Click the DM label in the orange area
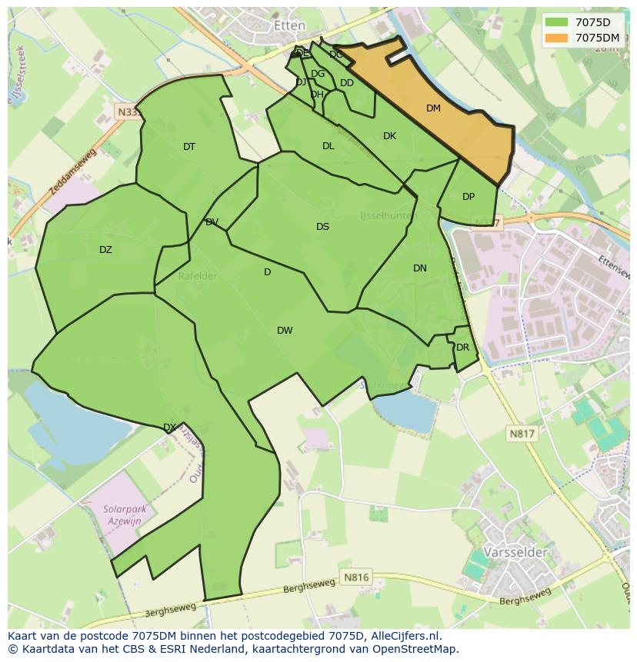433,108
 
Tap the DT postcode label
189,147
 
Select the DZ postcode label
105,250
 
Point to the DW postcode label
285,331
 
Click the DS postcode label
322,227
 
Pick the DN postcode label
419,268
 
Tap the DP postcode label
469,197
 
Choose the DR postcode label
462,348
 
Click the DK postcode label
389,136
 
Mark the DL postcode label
329,146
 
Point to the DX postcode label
169,427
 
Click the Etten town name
289,25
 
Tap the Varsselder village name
515,553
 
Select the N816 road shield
356,577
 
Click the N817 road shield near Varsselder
522,434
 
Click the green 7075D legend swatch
556,22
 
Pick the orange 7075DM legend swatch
556,38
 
